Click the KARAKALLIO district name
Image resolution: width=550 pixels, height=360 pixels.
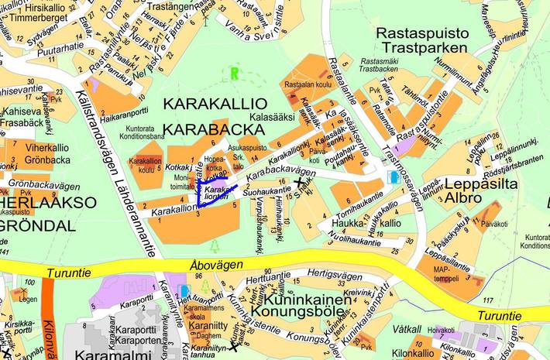point(215,104)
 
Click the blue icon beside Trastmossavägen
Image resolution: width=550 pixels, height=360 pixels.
point(394,177)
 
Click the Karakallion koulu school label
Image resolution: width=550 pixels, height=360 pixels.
point(145,165)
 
